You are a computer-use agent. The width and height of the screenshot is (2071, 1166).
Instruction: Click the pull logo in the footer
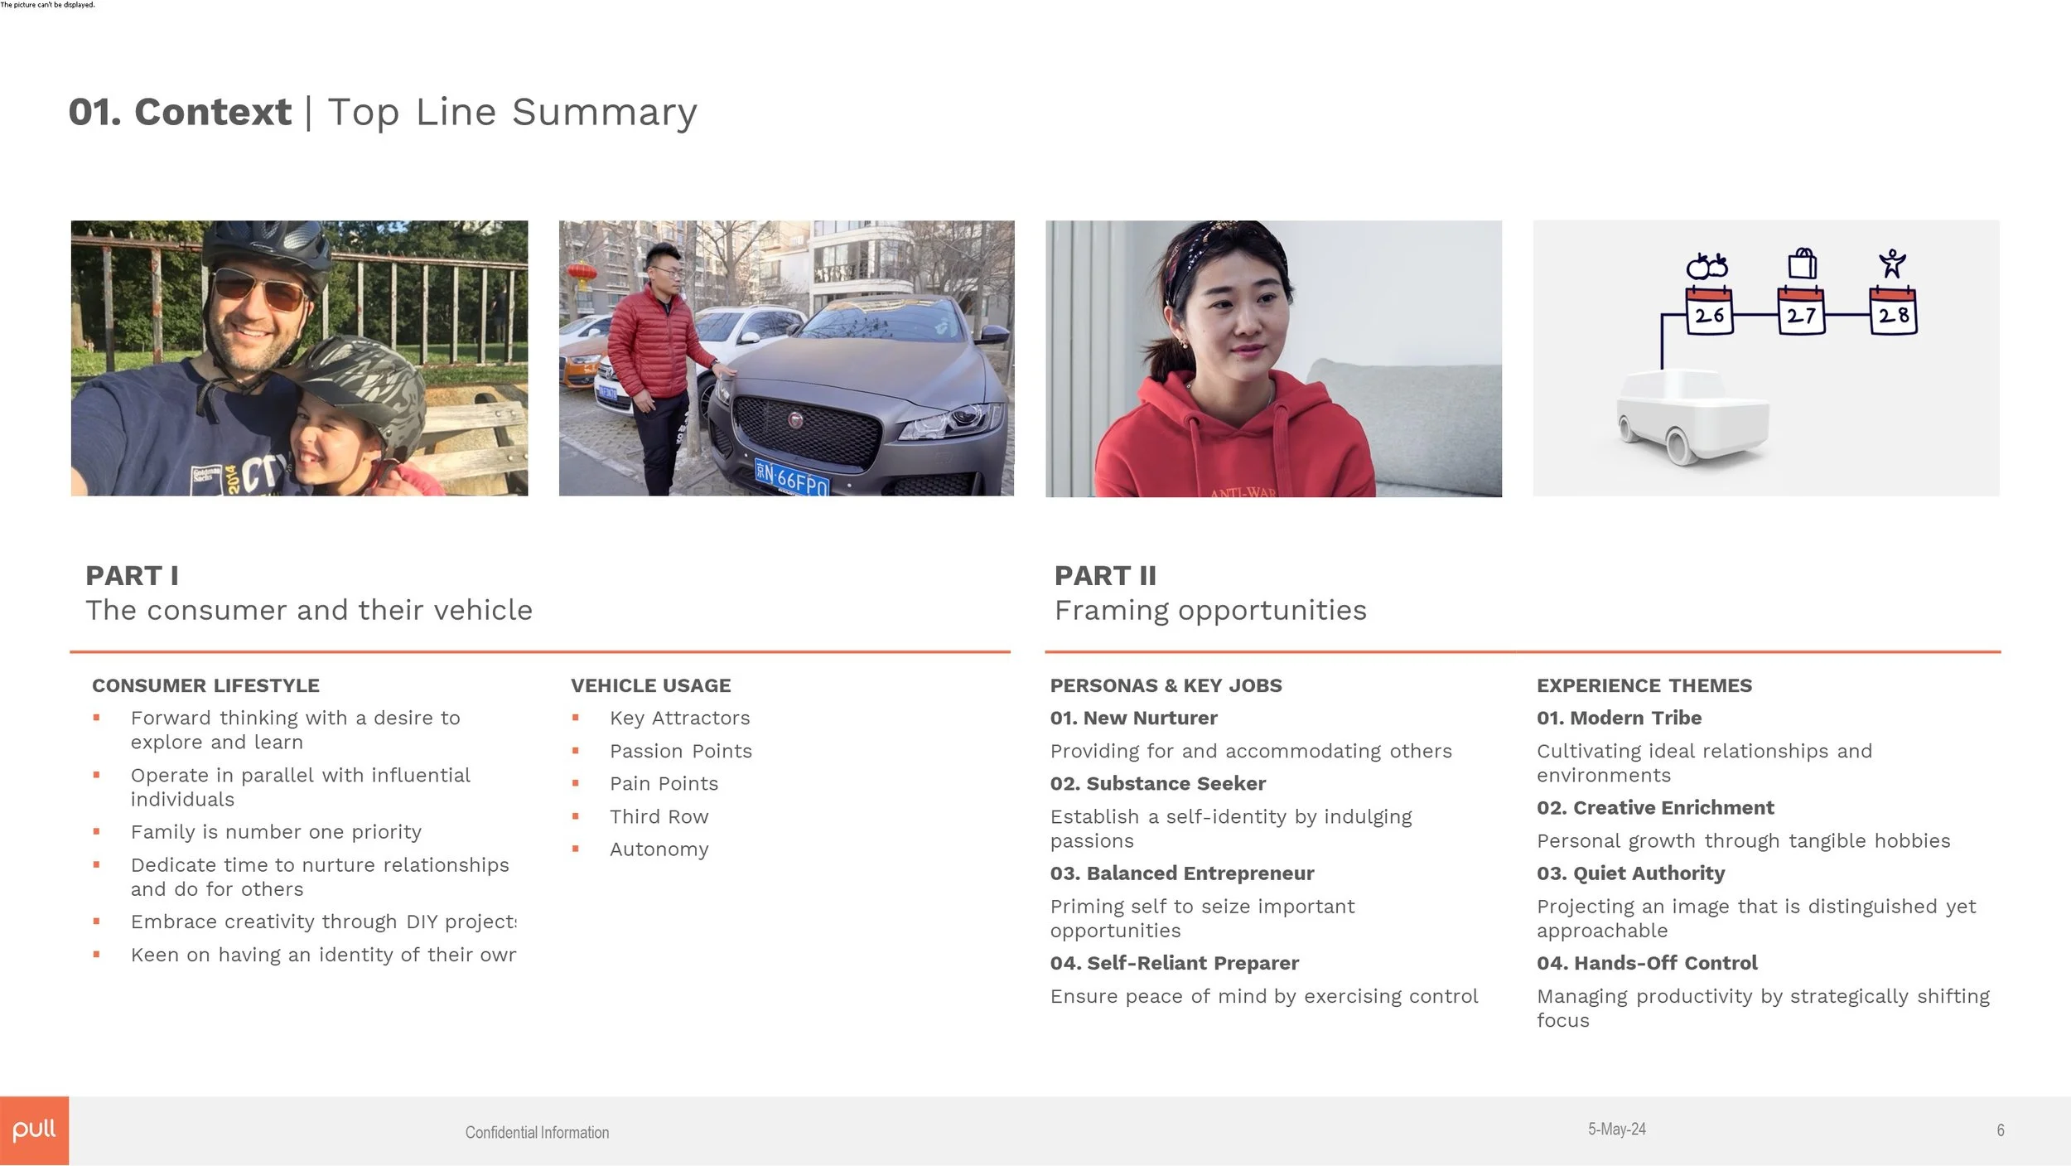pyautogui.click(x=34, y=1130)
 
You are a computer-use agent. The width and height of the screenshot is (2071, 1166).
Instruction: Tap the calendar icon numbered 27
pyautogui.click(x=1801, y=312)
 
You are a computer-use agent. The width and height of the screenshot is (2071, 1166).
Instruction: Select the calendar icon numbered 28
pyautogui.click(x=1893, y=312)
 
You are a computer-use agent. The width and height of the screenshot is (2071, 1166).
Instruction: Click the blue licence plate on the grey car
pyautogui.click(x=791, y=479)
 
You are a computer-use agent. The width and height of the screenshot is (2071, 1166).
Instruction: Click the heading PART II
pyautogui.click(x=1105, y=575)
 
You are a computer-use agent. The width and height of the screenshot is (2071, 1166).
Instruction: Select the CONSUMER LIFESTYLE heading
pyautogui.click(x=205, y=685)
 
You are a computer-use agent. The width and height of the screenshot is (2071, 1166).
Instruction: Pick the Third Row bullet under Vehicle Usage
pyautogui.click(x=659, y=816)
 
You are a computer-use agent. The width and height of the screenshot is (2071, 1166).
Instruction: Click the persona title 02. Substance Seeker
pyautogui.click(x=1157, y=783)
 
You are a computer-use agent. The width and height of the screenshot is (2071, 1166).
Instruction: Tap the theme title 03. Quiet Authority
pyautogui.click(x=1630, y=873)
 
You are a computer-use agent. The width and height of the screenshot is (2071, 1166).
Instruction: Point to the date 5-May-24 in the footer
pyautogui.click(x=1616, y=1129)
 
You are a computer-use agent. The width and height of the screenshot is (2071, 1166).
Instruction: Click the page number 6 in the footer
pyautogui.click(x=2000, y=1130)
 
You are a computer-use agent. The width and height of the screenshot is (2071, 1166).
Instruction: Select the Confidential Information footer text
pyautogui.click(x=537, y=1132)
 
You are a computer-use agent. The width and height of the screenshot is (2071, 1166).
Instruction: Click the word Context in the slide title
pyautogui.click(x=212, y=112)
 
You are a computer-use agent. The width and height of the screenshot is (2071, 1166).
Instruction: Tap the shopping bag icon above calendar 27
pyautogui.click(x=1802, y=264)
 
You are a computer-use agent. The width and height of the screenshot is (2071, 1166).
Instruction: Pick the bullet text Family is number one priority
pyautogui.click(x=276, y=831)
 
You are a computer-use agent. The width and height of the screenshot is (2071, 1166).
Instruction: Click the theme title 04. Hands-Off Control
pyautogui.click(x=1646, y=962)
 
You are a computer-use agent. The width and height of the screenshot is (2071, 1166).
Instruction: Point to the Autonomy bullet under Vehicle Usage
pyautogui.click(x=659, y=849)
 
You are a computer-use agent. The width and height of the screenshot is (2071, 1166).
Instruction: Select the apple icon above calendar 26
pyautogui.click(x=1707, y=266)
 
